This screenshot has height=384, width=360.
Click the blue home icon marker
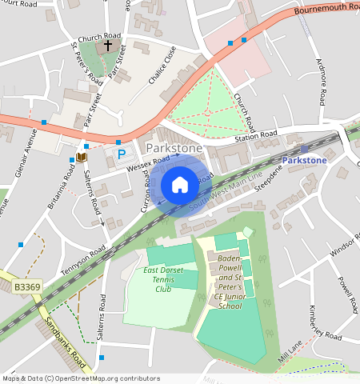point(180,185)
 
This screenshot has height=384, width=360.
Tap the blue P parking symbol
point(122,154)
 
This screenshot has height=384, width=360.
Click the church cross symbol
point(108,47)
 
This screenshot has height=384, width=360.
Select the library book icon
point(81,158)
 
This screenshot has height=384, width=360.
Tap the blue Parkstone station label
point(304,160)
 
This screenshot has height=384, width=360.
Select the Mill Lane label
point(288,351)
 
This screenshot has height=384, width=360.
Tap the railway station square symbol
point(304,149)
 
